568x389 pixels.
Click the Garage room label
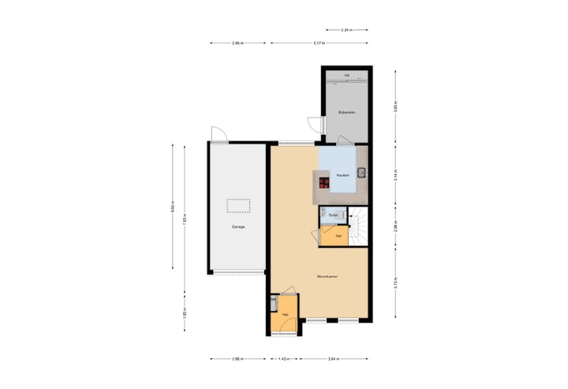[237, 226]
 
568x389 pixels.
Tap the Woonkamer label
[327, 276]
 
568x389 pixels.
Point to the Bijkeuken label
[347, 113]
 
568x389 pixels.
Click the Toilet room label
[333, 215]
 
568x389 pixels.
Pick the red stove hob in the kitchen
[323, 182]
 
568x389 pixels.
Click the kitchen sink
[361, 173]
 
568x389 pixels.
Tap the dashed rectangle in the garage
[237, 205]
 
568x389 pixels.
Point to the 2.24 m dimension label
[346, 30]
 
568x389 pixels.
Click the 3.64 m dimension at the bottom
[332, 359]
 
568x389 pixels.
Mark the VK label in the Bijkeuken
[346, 76]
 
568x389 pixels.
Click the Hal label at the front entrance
[285, 314]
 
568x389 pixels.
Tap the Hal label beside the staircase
[338, 236]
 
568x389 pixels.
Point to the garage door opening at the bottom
[237, 272]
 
